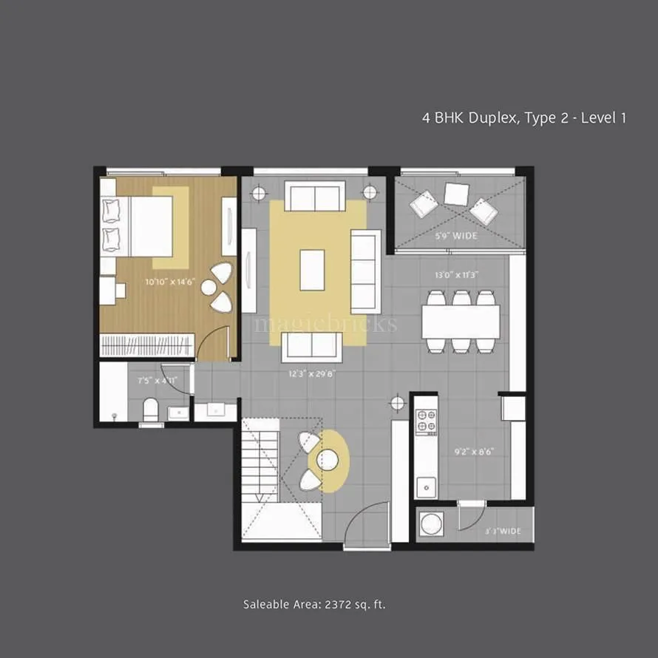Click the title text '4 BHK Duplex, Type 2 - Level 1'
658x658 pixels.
tap(523, 118)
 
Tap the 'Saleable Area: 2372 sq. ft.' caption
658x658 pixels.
tap(315, 605)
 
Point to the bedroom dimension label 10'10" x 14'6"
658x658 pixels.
tap(170, 282)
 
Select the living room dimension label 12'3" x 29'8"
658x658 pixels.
tap(313, 374)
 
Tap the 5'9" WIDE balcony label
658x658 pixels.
tap(456, 237)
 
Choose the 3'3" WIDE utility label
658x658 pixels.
tap(503, 531)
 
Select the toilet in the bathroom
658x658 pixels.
tap(151, 411)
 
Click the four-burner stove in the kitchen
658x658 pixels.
tap(426, 421)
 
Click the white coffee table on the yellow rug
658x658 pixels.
tap(312, 270)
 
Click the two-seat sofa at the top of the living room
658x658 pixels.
tap(314, 197)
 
